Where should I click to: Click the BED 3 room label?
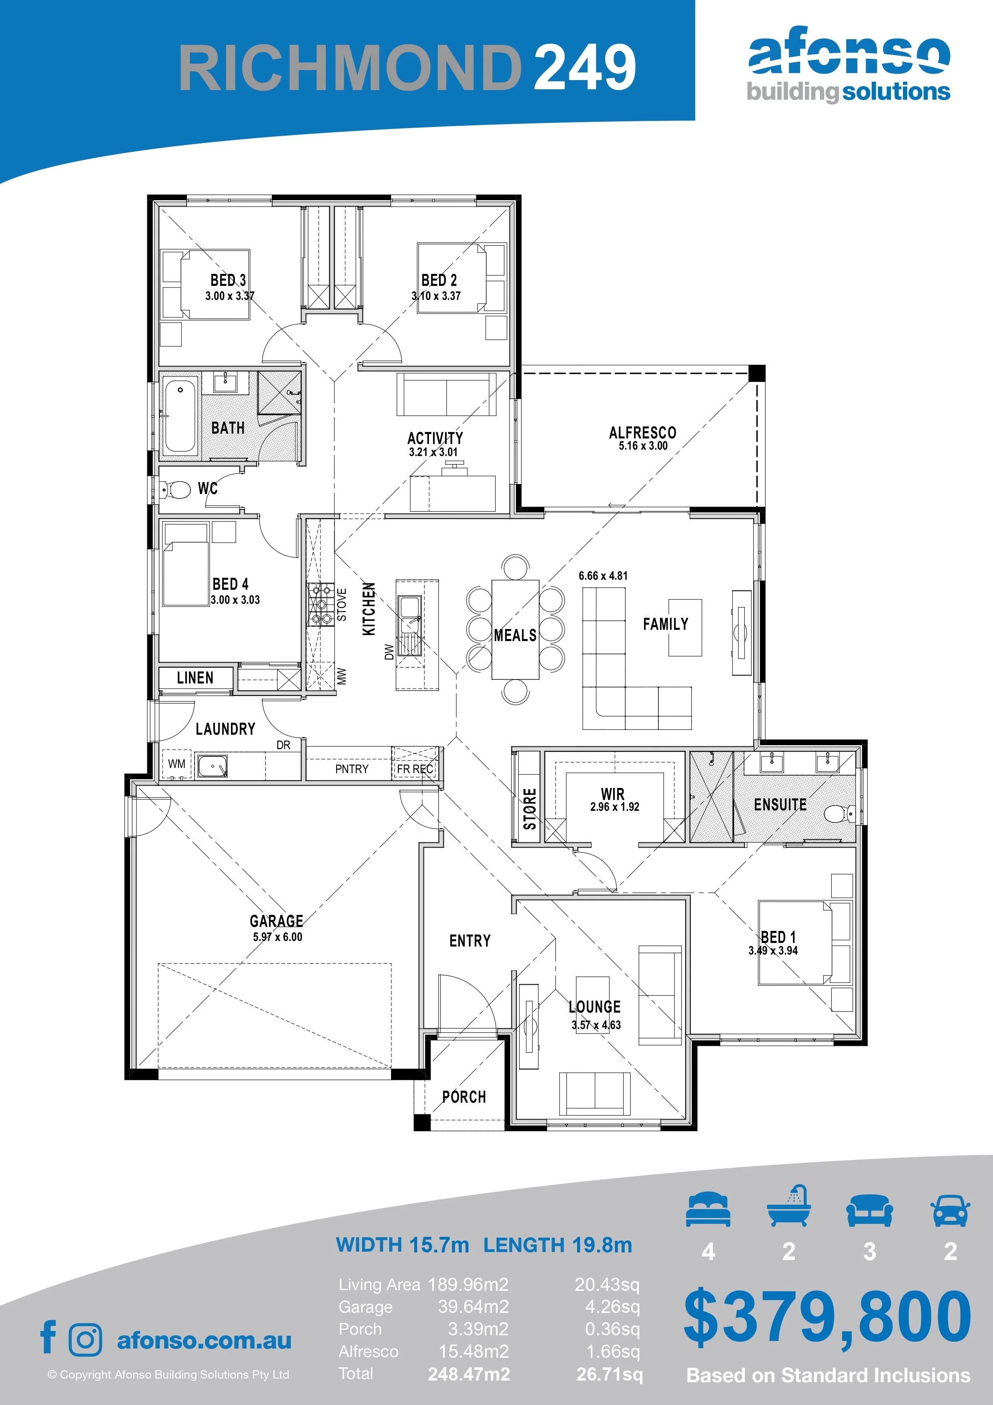(228, 280)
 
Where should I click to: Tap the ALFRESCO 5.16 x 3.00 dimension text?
(643, 446)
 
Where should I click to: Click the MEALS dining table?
(515, 629)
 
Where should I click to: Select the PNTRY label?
(352, 769)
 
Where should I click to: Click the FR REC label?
(415, 769)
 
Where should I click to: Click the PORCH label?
(464, 1097)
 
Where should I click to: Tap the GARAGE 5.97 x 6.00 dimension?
(277, 937)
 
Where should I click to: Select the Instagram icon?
(86, 1339)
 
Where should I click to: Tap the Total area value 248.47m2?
(469, 1374)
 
